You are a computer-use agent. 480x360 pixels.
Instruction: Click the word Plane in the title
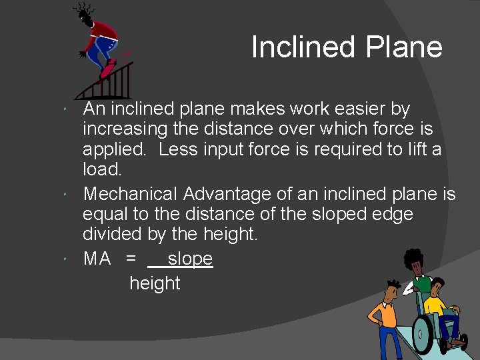[x=404, y=47]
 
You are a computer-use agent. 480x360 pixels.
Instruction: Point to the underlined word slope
[x=190, y=259]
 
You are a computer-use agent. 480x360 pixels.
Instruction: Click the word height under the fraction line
[x=155, y=283]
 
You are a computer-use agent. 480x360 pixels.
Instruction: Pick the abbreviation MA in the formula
[x=97, y=259]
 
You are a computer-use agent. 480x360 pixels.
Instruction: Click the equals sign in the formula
[x=131, y=259]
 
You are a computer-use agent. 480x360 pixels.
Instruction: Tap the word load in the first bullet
[x=101, y=169]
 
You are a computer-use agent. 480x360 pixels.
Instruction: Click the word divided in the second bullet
[x=107, y=234]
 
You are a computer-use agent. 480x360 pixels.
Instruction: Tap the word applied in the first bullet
[x=113, y=149]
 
